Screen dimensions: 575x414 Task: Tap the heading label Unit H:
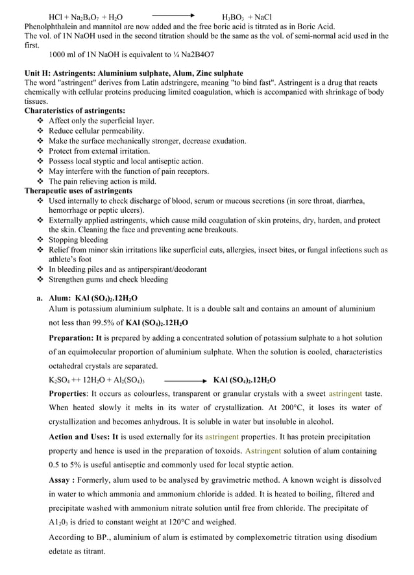(x=40, y=73)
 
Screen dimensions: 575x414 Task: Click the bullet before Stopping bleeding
(x=42, y=240)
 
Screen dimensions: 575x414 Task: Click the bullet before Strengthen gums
(x=42, y=280)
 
